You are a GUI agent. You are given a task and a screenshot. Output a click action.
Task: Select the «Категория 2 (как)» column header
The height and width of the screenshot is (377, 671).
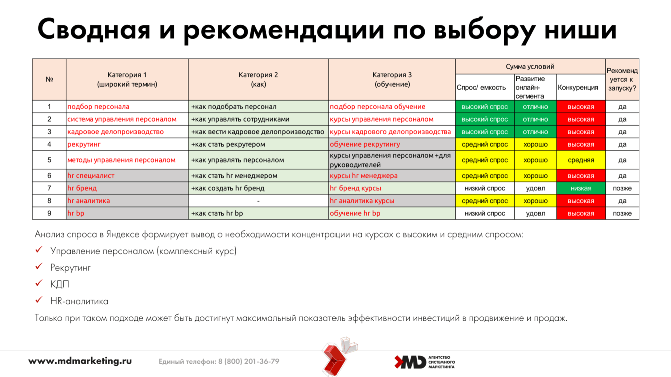point(258,79)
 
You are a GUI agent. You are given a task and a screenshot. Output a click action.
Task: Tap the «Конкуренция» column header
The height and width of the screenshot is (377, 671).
point(581,87)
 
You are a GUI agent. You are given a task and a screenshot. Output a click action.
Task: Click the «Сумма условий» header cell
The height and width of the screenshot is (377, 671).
point(530,66)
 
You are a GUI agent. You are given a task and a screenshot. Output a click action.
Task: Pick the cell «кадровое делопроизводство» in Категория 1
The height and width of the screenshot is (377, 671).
point(127,132)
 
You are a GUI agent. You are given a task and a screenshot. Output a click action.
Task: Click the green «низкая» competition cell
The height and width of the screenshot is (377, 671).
point(581,188)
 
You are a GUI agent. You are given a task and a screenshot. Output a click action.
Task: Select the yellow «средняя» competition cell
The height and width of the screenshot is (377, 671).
point(581,160)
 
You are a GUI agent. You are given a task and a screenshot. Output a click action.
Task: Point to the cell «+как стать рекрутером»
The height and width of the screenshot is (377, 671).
point(258,144)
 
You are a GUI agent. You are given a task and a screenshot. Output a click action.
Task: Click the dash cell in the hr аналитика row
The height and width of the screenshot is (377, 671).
point(258,201)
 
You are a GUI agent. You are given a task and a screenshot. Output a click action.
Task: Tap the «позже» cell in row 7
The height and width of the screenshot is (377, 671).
point(622,188)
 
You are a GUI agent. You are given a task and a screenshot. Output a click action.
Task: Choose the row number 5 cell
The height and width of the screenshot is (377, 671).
point(49,160)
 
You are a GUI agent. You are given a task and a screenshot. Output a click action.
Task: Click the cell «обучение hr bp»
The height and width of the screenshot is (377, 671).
point(392,213)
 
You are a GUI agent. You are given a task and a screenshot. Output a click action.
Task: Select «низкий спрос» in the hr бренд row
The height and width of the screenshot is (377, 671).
point(485,188)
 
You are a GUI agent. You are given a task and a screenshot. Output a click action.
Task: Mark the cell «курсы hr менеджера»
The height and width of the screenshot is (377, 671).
point(392,176)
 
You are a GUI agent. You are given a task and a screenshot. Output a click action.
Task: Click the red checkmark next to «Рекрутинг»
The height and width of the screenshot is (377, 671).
point(39,266)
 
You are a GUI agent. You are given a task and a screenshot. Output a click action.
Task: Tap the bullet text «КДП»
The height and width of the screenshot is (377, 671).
point(60,284)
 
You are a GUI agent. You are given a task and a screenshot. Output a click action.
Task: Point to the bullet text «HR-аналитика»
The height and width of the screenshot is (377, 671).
point(79,301)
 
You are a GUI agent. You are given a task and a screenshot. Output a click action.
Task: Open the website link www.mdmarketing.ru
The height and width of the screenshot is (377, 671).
point(80,361)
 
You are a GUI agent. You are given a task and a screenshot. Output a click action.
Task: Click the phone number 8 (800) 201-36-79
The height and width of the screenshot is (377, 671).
point(249,361)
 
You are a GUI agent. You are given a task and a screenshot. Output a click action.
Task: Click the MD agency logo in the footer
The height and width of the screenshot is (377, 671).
point(424,362)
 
